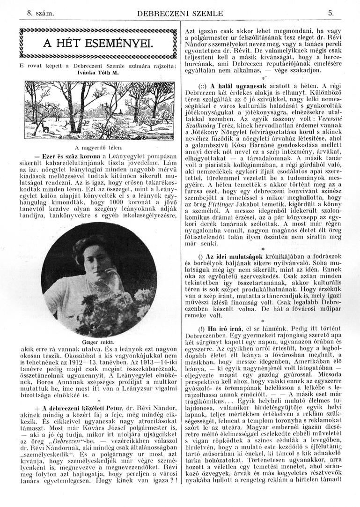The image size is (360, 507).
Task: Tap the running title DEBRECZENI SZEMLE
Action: point(180,14)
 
